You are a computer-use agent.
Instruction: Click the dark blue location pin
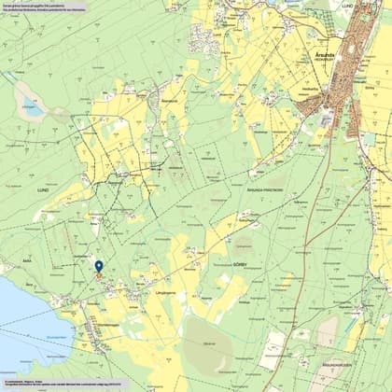click(x=99, y=267)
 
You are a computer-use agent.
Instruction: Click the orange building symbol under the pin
click(x=99, y=278)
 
